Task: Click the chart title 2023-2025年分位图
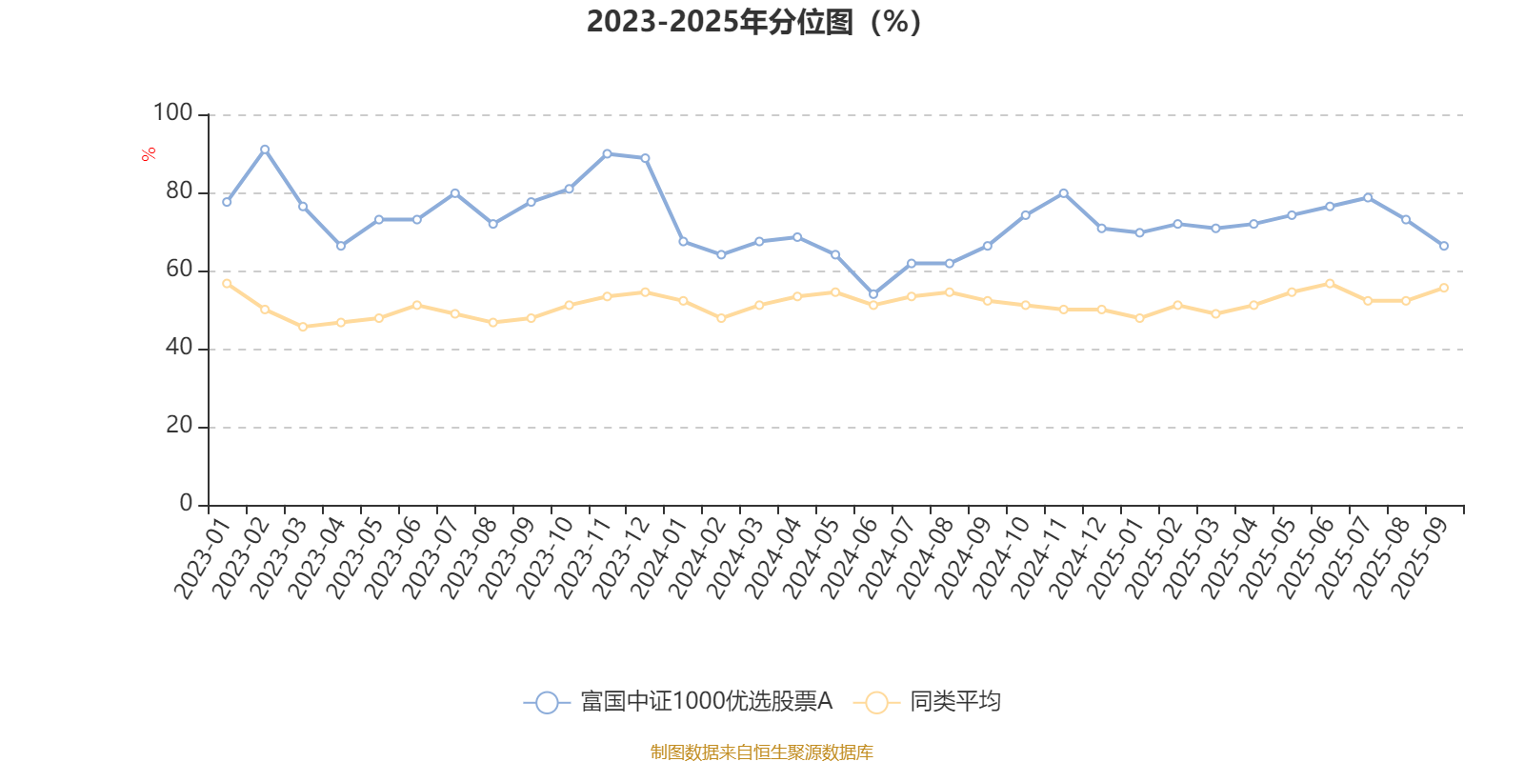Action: coord(753,22)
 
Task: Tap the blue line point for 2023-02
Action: coord(265,149)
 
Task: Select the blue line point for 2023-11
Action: coord(607,153)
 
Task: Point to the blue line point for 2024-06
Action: coord(873,293)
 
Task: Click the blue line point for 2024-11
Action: coord(1063,192)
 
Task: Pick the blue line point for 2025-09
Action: coord(1444,246)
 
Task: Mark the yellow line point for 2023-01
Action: coord(227,283)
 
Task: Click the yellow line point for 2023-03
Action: coord(303,327)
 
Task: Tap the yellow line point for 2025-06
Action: coord(1330,283)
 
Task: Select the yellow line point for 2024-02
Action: coord(721,318)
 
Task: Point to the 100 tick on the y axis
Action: coord(172,113)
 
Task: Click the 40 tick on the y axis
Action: coord(178,348)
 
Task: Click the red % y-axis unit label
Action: coord(149,154)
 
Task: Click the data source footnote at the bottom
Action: coord(761,752)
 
